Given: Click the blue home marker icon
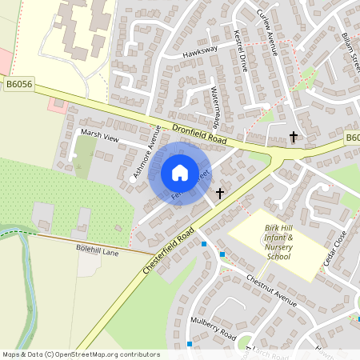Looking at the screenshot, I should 180,172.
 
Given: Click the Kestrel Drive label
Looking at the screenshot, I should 239,52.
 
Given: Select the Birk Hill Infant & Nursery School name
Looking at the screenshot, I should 278,242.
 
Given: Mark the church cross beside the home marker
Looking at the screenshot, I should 220,193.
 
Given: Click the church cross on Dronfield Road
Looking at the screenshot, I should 293,137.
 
